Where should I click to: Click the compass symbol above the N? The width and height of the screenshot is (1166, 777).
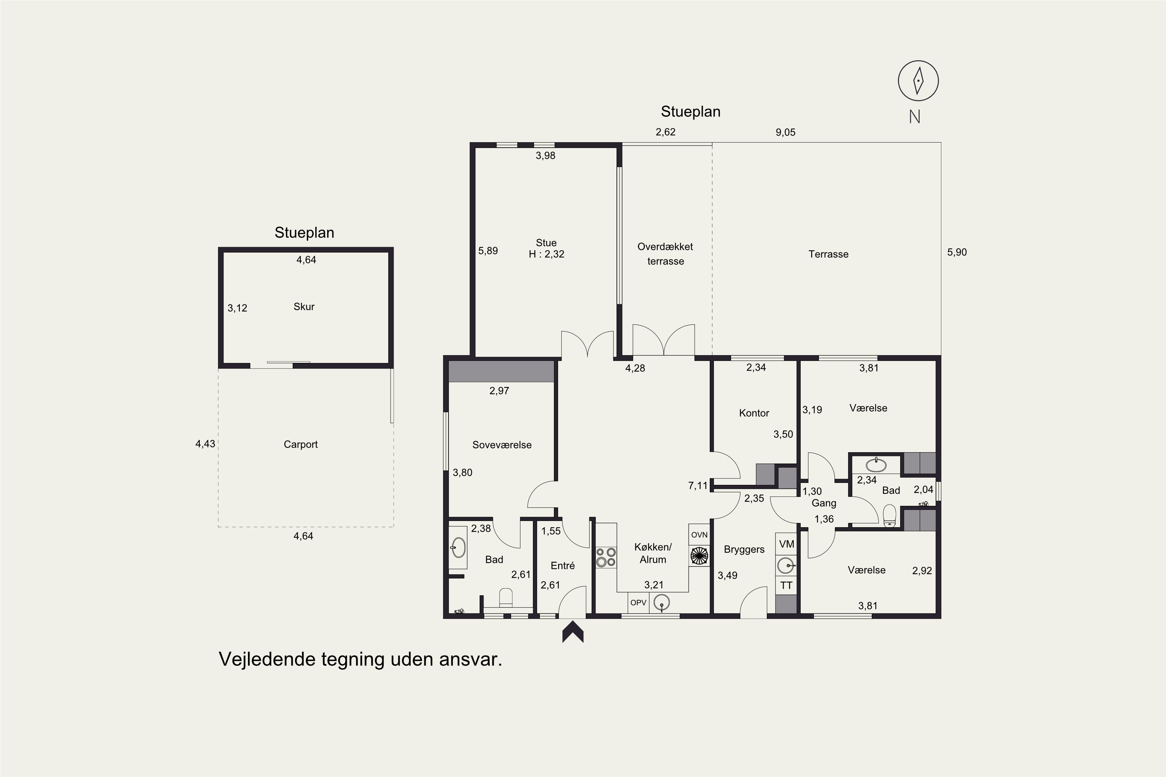[918, 81]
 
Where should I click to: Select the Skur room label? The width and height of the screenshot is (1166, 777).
[304, 307]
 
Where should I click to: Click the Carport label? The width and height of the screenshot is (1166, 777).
[300, 444]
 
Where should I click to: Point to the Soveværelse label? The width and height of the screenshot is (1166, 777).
[502, 445]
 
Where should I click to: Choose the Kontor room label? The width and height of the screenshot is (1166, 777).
[754, 413]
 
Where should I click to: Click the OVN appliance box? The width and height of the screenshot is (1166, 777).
[699, 535]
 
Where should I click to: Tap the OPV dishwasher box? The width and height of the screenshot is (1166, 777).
[638, 603]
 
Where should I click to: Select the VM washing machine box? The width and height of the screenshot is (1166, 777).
[786, 544]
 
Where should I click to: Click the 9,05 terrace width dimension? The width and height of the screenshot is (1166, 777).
[785, 132]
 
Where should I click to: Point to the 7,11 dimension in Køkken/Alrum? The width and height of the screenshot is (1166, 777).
[698, 486]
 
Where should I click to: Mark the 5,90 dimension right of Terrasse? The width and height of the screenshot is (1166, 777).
[957, 252]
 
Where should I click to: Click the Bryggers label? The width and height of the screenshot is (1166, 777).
[744, 550]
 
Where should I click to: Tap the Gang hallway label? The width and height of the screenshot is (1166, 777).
[824, 503]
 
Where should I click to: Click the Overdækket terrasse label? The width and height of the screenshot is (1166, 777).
[665, 254]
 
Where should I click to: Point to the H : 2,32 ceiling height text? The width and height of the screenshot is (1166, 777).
[546, 254]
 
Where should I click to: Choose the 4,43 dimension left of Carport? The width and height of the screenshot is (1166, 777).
[205, 444]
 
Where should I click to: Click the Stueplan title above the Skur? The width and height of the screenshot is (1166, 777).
[304, 233]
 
